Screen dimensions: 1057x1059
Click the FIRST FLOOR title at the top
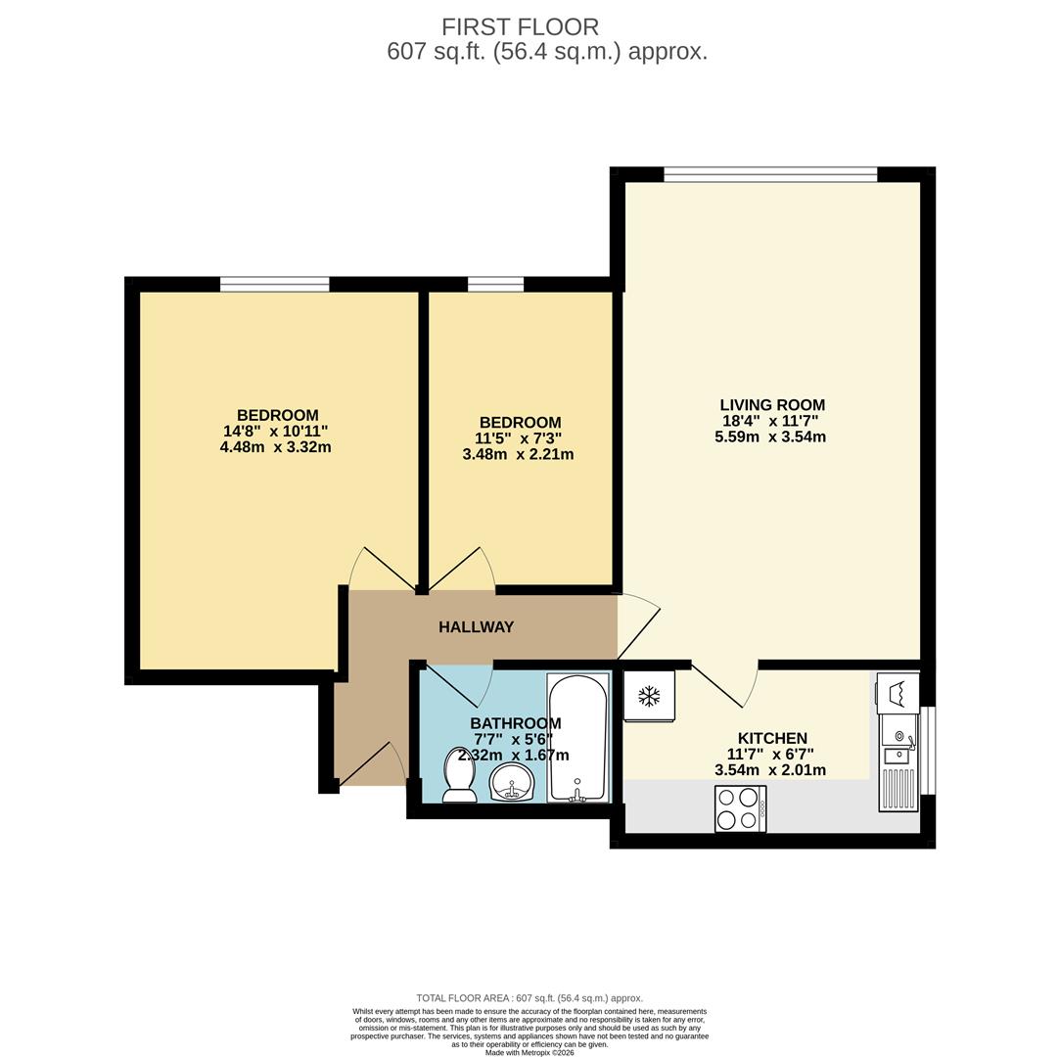tap(520, 26)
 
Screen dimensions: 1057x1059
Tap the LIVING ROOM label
tap(772, 404)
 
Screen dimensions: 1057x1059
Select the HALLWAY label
tap(476, 627)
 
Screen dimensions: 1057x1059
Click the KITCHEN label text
tap(772, 738)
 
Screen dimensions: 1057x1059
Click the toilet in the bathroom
tap(459, 775)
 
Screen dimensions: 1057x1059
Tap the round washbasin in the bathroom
tap(511, 783)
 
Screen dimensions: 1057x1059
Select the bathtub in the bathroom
tap(577, 738)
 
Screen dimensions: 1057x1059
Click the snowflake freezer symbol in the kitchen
tap(648, 696)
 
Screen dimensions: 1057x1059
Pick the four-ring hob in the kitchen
tap(740, 808)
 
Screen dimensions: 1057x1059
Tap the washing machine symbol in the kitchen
tap(898, 693)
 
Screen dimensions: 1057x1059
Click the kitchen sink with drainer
tap(898, 763)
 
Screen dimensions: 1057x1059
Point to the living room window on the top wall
tap(770, 175)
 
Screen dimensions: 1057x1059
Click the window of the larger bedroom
tap(274, 285)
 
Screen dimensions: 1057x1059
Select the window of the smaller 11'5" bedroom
tap(495, 285)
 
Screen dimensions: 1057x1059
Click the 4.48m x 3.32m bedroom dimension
tap(276, 447)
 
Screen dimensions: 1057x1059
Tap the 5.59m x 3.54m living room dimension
tap(770, 437)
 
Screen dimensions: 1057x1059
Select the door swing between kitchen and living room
tap(724, 685)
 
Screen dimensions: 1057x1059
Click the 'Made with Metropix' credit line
tap(529, 1052)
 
